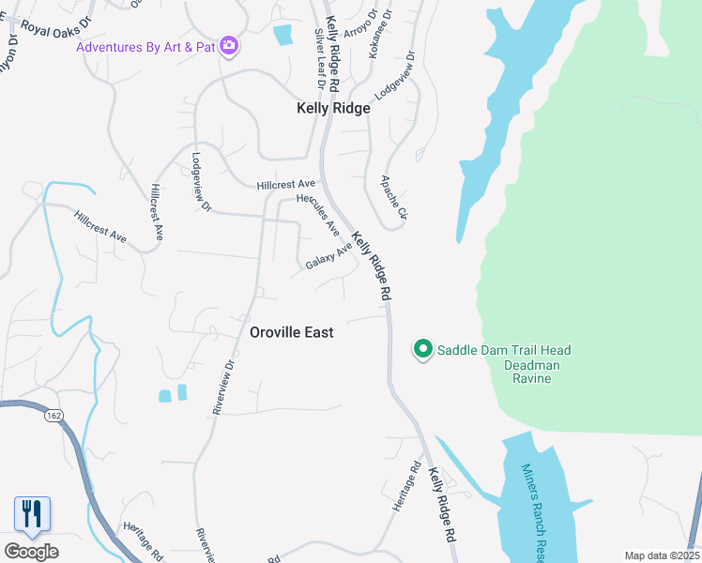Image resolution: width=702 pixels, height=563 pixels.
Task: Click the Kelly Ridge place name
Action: coord(333,108)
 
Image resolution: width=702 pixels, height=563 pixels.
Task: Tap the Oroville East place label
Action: coord(292,332)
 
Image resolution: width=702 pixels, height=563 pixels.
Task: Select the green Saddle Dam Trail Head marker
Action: coord(423,350)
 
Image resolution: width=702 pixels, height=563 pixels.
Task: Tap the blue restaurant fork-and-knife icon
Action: coord(32,513)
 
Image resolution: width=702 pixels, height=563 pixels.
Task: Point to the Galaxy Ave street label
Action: coord(328,256)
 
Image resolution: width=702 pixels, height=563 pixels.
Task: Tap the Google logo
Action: coord(31,552)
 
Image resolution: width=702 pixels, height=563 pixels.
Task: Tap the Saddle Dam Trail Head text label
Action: coord(504,350)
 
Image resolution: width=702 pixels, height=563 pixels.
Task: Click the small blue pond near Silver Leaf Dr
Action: coord(282,36)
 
